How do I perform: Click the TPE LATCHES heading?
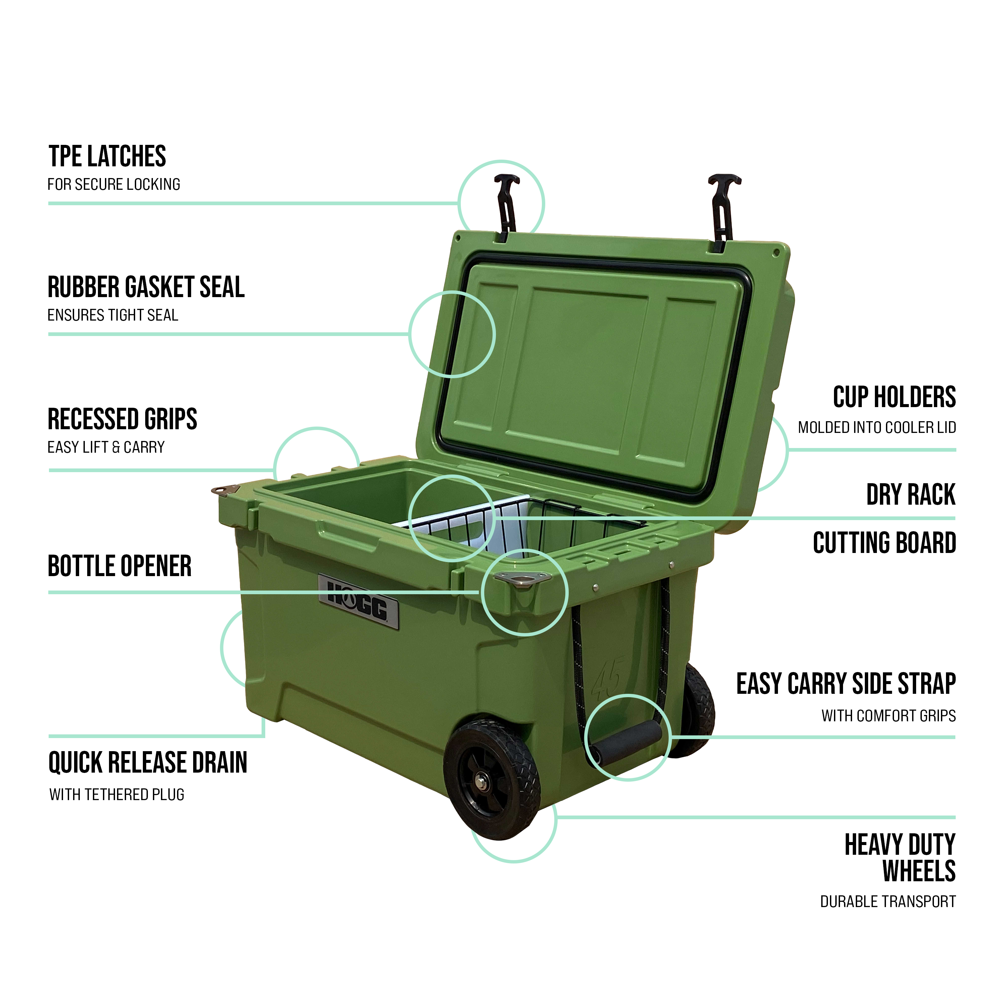tap(107, 156)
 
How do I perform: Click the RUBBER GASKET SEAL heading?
tap(146, 287)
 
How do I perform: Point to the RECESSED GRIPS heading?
tap(122, 419)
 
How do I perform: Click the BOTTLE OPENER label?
tap(120, 566)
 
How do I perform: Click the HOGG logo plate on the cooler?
tap(359, 601)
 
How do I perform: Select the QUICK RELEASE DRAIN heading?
tap(148, 763)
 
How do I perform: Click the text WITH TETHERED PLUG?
tap(117, 795)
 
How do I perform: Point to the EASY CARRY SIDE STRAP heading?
tap(846, 684)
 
